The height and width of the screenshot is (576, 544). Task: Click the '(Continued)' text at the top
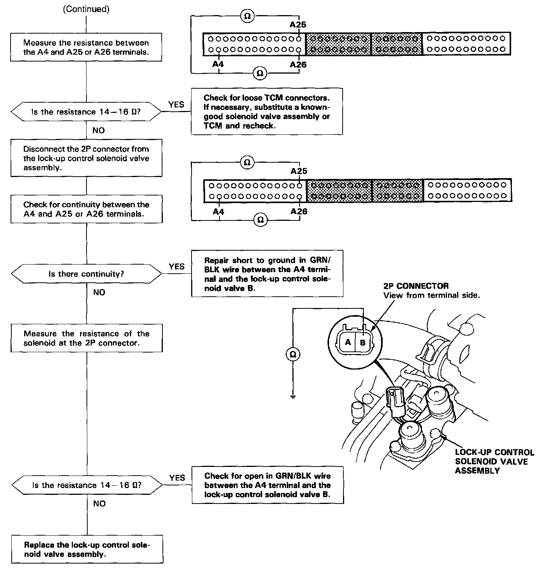coord(86,9)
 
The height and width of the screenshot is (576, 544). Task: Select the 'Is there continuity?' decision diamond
coord(86,274)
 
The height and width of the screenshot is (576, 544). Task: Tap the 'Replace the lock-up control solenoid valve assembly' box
coord(87,549)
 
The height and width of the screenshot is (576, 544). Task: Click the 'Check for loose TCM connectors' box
coord(267,111)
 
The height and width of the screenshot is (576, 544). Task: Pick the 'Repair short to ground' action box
coord(267,274)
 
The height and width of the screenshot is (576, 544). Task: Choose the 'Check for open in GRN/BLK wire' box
coord(267,485)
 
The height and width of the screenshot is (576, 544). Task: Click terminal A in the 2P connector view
coord(348,343)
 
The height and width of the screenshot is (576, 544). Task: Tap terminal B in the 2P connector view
coord(363,343)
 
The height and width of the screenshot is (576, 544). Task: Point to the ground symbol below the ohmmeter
coord(293,397)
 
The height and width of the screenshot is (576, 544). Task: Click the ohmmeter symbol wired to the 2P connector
coord(293,354)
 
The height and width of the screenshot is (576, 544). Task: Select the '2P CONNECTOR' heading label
coord(416,286)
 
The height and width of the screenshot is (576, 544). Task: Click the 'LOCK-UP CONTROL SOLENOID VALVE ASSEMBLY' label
coord(494,461)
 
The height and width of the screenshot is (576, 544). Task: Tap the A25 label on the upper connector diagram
coord(298,25)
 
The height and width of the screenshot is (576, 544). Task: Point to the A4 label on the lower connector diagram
coord(218,212)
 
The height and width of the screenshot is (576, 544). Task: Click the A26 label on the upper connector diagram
coord(298,65)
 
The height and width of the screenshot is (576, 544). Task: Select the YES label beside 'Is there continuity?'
coord(176,266)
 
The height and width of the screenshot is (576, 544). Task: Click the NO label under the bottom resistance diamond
coord(99,504)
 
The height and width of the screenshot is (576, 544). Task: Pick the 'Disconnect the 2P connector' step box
coord(86,158)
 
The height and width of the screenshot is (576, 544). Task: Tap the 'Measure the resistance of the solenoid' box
coord(87,338)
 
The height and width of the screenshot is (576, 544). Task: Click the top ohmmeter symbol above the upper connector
coord(247,16)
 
